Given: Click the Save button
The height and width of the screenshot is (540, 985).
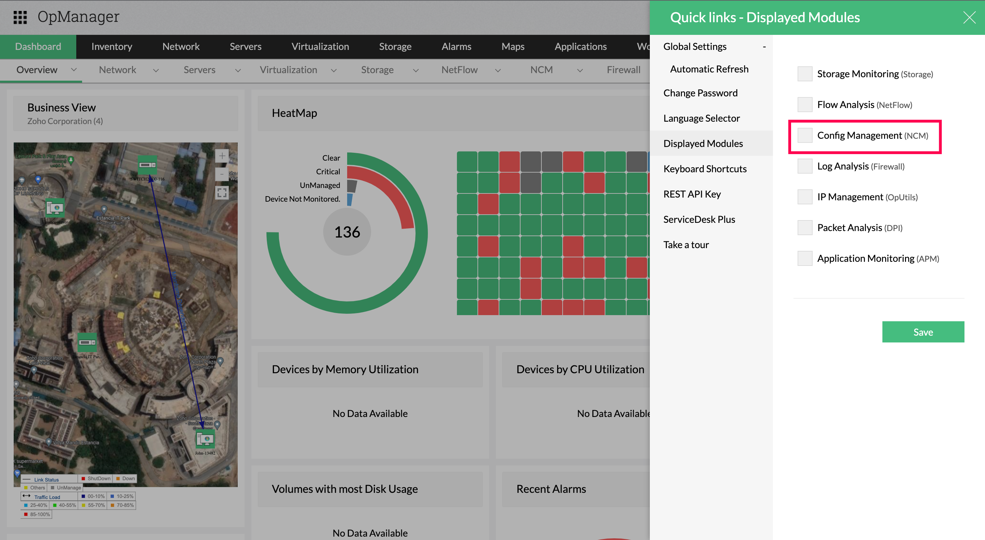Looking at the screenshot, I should point(923,332).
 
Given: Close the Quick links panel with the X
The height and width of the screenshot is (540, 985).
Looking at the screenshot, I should point(969,17).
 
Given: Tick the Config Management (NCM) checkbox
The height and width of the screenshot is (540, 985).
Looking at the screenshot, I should point(804,135).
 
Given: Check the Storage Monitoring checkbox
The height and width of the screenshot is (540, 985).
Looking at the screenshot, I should point(804,74).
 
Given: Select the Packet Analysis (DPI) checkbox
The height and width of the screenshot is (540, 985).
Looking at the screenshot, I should point(804,228).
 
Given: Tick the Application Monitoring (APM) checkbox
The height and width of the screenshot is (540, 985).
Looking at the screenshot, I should point(804,258).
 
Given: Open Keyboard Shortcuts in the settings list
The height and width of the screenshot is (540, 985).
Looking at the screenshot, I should point(705,168).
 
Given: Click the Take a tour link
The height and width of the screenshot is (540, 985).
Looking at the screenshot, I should point(686,245).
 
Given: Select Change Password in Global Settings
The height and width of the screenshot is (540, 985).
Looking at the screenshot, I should point(700,93).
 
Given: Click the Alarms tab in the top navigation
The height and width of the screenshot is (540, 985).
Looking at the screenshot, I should point(456,46).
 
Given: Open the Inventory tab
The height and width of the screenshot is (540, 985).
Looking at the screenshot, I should point(111,46).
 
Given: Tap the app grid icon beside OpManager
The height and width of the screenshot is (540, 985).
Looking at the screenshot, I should point(20,17).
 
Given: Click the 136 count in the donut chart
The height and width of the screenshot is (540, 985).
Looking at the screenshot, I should point(347,232).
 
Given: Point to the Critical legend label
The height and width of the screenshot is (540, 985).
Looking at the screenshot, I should point(328,172).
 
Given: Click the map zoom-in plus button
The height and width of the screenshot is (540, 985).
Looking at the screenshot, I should point(222,156).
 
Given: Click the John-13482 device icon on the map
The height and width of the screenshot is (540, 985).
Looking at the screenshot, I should point(205,440).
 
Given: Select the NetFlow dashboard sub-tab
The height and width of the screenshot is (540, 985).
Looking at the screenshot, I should point(459,70).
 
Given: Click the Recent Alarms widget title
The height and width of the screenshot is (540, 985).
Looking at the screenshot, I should point(551,489).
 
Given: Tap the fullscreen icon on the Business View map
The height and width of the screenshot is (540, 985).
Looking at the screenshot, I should point(222,193).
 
